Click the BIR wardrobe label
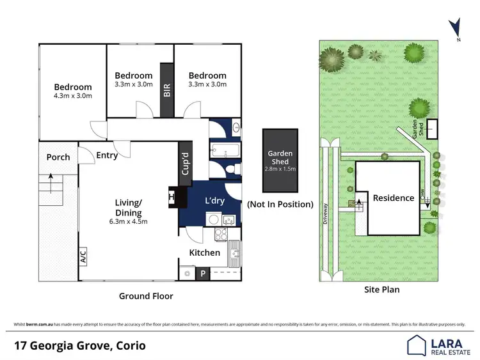167,90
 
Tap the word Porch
58,157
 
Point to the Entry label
107,155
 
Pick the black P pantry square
202,274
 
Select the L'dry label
214,201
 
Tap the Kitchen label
204,253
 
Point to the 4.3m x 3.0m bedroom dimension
72,97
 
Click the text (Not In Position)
280,205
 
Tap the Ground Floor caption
146,296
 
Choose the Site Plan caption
381,290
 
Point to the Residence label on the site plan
394,198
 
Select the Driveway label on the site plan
326,214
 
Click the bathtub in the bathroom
225,152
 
